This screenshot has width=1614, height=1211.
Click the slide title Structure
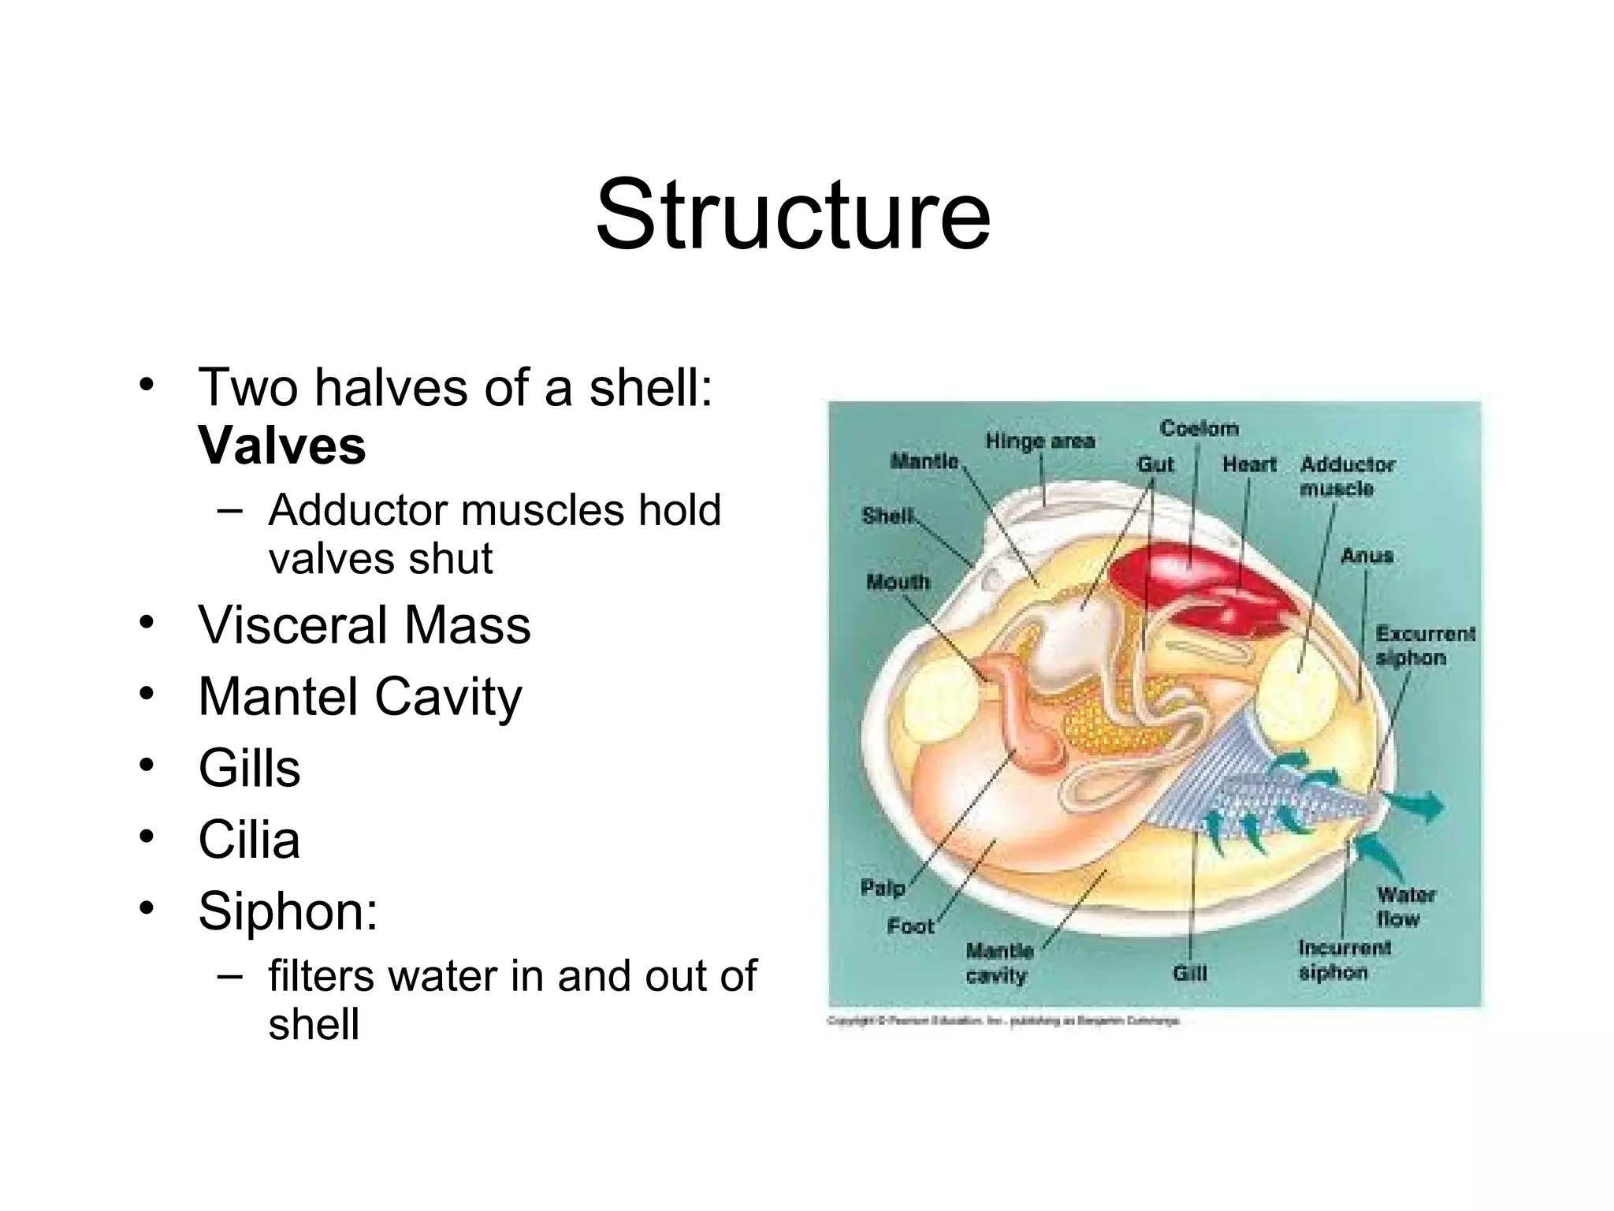tap(793, 214)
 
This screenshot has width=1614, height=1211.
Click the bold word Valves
tap(282, 446)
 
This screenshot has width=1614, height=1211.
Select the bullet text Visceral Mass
tap(364, 625)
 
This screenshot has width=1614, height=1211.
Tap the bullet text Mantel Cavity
tap(360, 697)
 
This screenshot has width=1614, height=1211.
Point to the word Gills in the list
tap(249, 768)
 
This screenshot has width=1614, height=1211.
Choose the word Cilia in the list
tap(249, 840)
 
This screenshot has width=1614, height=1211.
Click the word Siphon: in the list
tap(288, 911)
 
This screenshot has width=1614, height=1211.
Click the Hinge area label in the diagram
tap(1040, 441)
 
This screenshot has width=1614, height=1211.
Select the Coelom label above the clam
tap(1199, 428)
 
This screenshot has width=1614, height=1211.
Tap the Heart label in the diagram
tap(1249, 464)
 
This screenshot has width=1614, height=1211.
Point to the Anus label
tap(1367, 556)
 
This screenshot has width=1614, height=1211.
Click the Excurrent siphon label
tap(1423, 646)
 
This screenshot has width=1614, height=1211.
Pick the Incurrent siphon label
tap(1344, 959)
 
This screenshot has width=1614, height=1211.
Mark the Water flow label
tap(1406, 907)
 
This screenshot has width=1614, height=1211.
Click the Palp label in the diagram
tap(882, 889)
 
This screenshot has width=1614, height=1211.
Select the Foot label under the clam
tap(910, 926)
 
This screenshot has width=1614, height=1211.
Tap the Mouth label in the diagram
tap(898, 583)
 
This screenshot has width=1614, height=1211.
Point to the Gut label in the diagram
tap(1155, 464)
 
